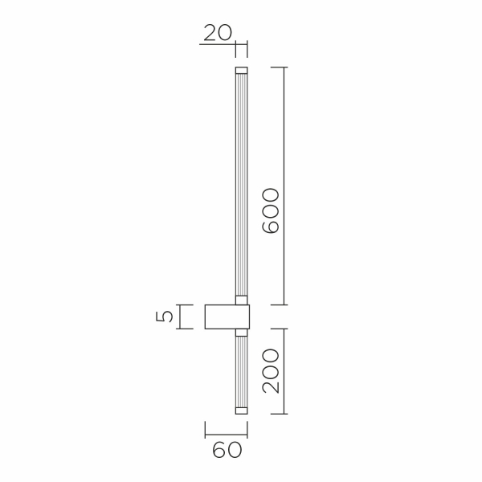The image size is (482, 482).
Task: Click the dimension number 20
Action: (x=217, y=32)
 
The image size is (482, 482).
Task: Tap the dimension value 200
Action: (x=271, y=370)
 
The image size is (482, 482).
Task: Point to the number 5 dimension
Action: (x=165, y=317)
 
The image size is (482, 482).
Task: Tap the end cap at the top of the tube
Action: (x=241, y=70)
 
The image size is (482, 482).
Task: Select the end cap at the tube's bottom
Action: (x=241, y=410)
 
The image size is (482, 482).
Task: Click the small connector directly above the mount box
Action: (x=241, y=300)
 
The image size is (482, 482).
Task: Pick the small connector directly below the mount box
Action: (x=241, y=332)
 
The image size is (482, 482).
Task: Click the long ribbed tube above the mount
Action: (x=241, y=185)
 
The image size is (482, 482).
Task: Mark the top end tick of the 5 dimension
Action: (x=186, y=304)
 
